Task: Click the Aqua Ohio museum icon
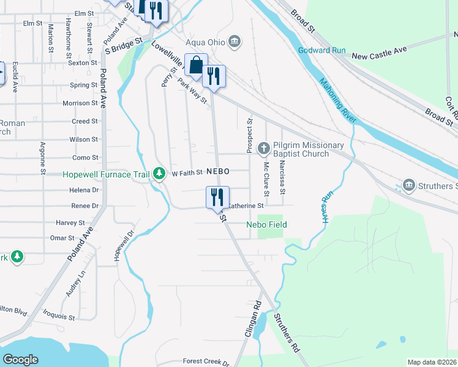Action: pyautogui.click(x=234, y=42)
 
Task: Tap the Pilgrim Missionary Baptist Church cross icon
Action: pyautogui.click(x=264, y=148)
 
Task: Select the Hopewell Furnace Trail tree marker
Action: pyautogui.click(x=159, y=174)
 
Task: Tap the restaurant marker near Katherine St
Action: pyautogui.click(x=217, y=197)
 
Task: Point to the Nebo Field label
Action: pyautogui.click(x=266, y=225)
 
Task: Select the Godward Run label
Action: pyautogui.click(x=322, y=50)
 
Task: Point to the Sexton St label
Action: pyautogui.click(x=83, y=62)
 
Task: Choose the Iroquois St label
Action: pyautogui.click(x=59, y=318)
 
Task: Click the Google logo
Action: pyautogui.click(x=21, y=360)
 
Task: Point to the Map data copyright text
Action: pyautogui.click(x=432, y=362)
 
